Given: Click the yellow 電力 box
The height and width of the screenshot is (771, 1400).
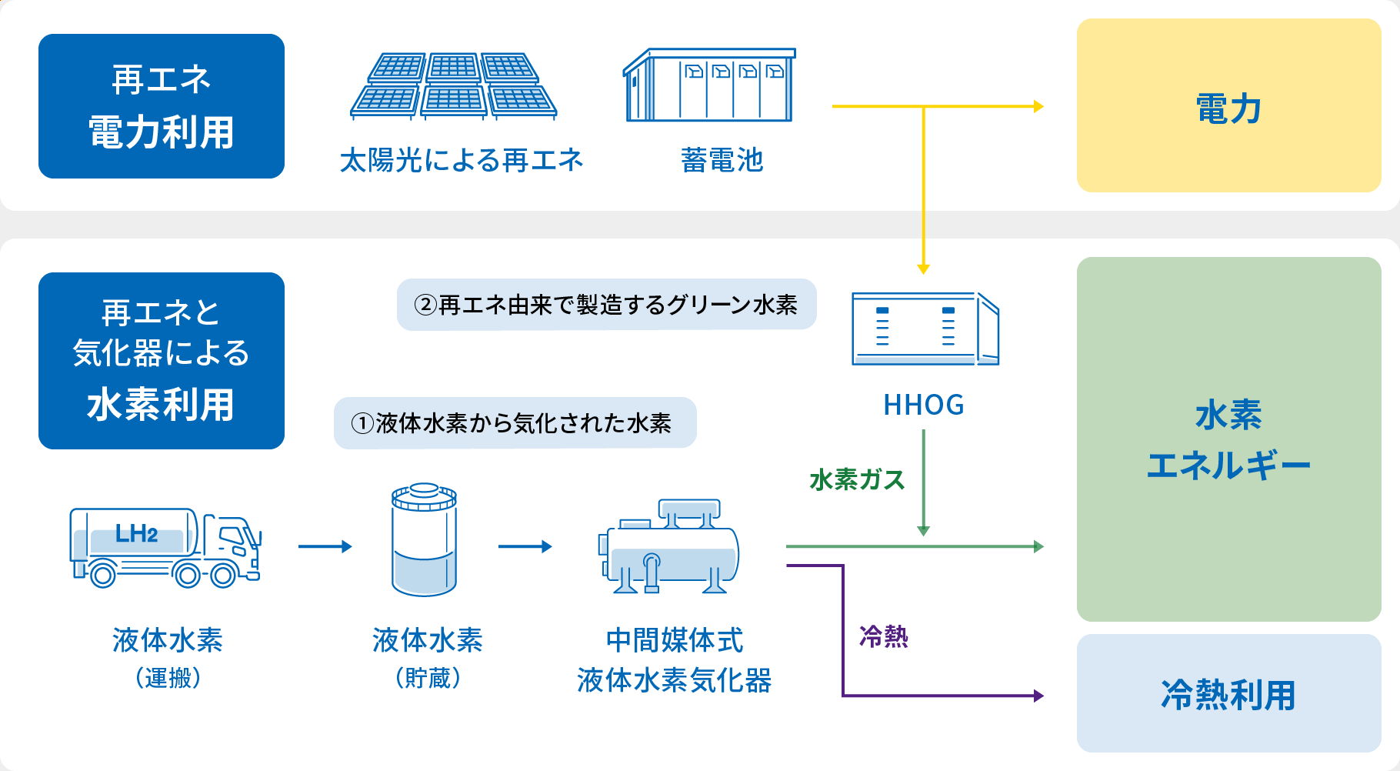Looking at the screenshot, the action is point(1228,105).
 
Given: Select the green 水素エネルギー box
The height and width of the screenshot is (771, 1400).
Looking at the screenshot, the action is point(1228,439).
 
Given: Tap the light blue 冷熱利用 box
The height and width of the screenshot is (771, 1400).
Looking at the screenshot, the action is point(1228,693).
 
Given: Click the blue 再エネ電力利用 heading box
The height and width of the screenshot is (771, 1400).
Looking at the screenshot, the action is point(162,106).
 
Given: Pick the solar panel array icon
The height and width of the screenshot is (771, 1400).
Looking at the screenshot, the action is point(454,86).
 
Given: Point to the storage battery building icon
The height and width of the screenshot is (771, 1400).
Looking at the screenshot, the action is point(709,85).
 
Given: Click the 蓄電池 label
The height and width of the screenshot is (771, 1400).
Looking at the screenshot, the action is point(722,160).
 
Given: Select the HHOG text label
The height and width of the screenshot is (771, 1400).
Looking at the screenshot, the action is point(923,405).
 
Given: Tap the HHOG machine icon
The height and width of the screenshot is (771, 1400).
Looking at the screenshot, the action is point(925,329).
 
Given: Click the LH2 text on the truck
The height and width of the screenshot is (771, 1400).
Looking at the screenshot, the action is point(136,533).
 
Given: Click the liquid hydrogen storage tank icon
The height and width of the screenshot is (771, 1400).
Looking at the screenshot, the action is point(425,539).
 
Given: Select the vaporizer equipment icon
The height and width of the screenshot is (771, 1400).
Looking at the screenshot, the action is point(668,546).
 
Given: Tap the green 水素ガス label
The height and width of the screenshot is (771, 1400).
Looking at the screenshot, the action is point(857,480).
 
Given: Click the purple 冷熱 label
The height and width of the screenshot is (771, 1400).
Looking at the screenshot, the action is point(883,636).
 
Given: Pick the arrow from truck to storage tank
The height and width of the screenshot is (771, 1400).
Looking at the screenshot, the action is point(325,546).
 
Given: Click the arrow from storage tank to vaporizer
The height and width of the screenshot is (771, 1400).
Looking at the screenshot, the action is point(525,546).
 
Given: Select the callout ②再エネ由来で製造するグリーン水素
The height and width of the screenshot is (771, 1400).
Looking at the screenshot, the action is point(606,305).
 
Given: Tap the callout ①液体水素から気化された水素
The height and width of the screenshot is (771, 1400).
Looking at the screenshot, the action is point(515,422).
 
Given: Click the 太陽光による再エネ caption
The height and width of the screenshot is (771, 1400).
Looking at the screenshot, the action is point(462,160).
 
